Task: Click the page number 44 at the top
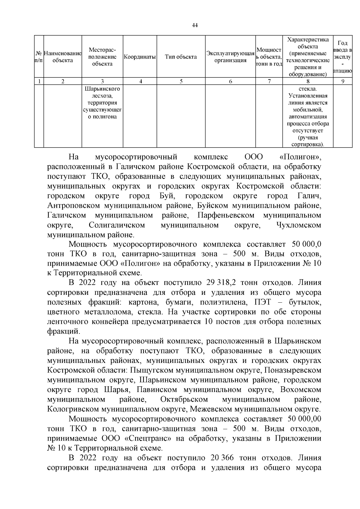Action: (195, 25)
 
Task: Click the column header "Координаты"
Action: (139, 57)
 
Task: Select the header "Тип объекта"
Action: (181, 57)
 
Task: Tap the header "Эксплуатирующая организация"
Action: (230, 57)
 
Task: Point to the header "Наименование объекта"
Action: (63, 57)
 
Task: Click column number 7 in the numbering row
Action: (269, 81)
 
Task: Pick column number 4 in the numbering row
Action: (140, 81)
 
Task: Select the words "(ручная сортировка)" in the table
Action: (308, 141)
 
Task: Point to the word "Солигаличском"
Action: (117, 225)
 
